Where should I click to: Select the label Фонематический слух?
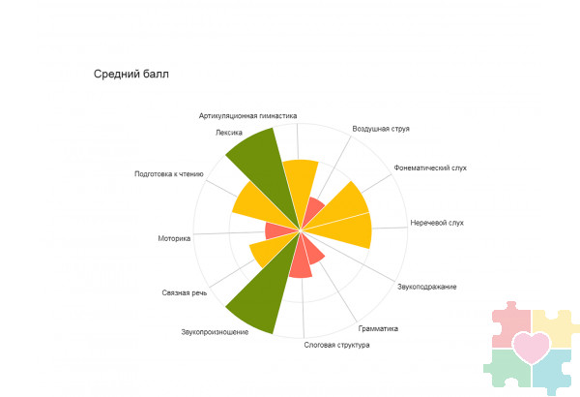click(430, 168)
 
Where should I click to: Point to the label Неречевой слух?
click(437, 223)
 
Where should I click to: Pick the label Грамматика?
click(377, 328)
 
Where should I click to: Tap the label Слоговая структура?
click(336, 345)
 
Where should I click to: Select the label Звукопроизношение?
click(215, 332)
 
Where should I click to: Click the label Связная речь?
click(185, 292)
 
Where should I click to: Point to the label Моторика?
click(174, 237)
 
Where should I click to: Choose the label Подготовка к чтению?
click(169, 174)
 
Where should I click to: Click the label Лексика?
click(229, 133)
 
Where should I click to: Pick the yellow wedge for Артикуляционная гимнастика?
click(301, 184)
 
